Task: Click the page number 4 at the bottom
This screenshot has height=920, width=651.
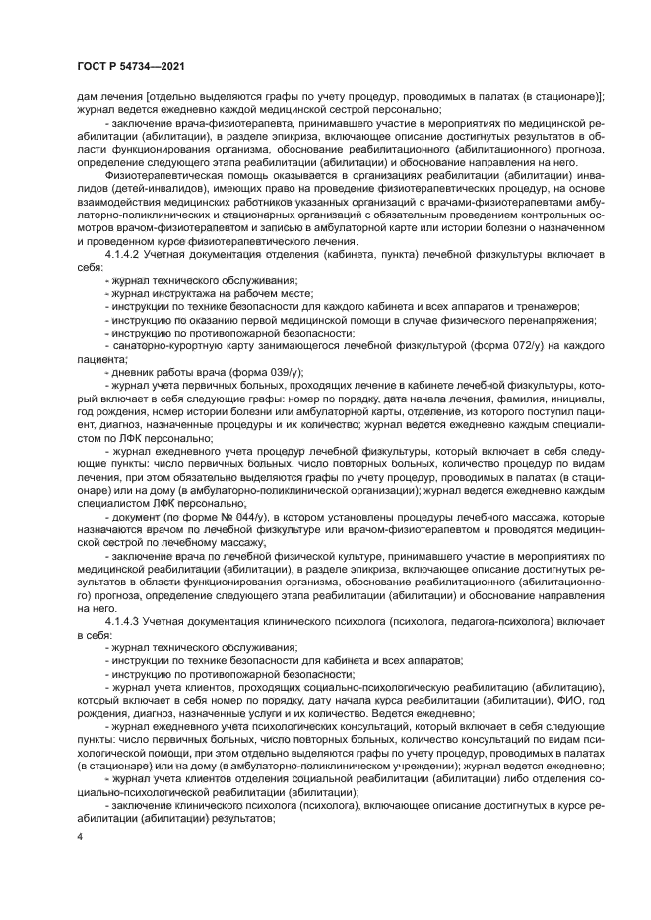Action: click(x=81, y=836)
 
